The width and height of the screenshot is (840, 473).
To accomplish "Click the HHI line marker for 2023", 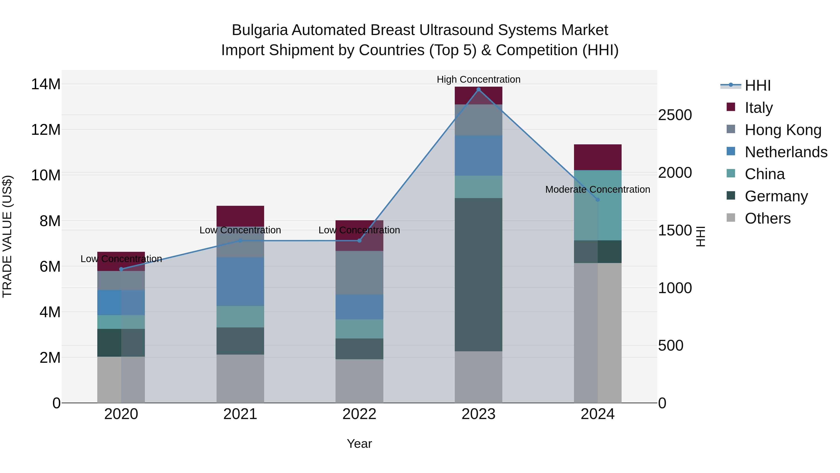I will (478, 89).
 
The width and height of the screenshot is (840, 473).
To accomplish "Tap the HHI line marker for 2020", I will (121, 269).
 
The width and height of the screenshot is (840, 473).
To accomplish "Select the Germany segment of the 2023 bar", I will (478, 274).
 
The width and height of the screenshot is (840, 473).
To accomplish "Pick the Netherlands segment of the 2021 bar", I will (240, 282).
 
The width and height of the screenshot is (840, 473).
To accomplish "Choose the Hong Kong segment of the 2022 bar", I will (359, 273).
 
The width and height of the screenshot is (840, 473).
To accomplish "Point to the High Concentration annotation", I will (478, 79).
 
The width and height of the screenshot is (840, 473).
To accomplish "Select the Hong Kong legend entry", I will (783, 130).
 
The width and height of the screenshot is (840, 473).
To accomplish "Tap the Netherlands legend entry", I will (786, 152).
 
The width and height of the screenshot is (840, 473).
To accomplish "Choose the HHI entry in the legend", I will (757, 85).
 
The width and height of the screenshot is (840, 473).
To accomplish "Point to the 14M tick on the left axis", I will (46, 84).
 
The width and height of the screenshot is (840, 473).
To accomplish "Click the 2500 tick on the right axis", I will (675, 115).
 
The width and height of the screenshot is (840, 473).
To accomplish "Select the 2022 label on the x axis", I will (359, 414).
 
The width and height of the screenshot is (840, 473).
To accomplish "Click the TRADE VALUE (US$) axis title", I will (7, 236).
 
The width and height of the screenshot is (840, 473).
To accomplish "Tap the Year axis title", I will (359, 444).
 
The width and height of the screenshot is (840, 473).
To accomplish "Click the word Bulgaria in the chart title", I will (259, 30).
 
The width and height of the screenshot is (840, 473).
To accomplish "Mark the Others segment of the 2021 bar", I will (240, 379).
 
